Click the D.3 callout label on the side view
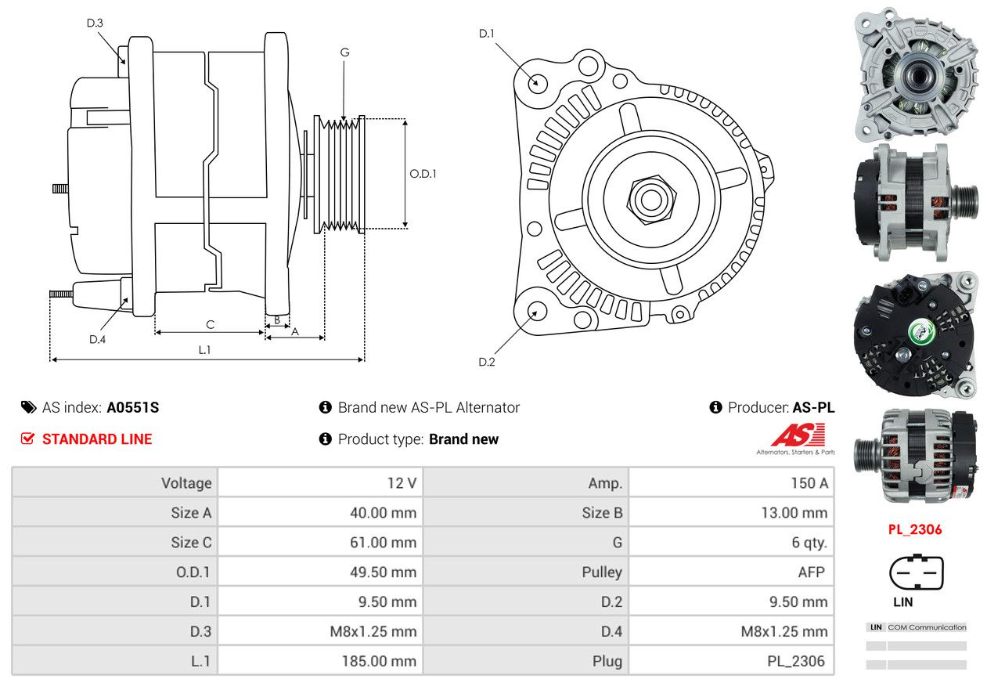click(x=95, y=23)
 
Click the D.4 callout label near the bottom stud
click(x=97, y=339)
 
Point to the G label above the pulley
click(x=344, y=52)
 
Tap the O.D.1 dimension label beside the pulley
click(x=423, y=174)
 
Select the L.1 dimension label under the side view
click(x=204, y=350)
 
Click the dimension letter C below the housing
click(x=210, y=324)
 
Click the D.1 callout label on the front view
click(x=487, y=33)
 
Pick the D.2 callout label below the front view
click(x=487, y=362)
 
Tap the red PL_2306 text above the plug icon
click(x=915, y=529)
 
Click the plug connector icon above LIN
click(x=916, y=572)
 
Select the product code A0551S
click(x=133, y=407)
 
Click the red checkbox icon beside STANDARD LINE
click(x=28, y=439)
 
